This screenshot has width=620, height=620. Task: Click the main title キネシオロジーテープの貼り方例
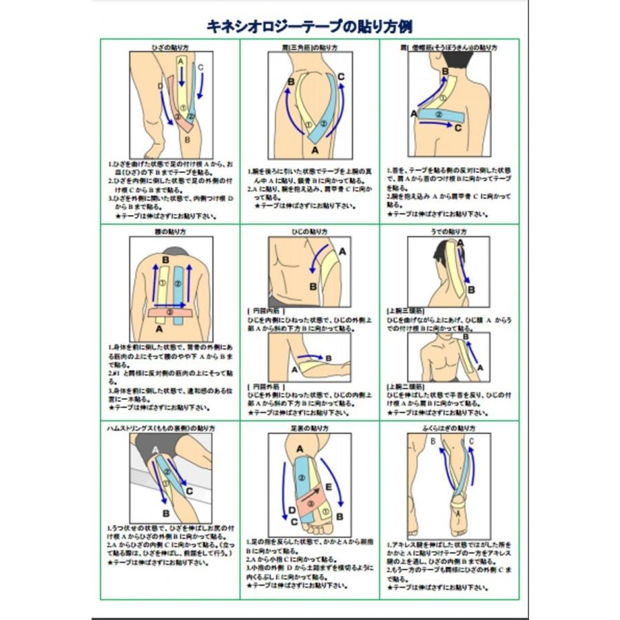(309, 27)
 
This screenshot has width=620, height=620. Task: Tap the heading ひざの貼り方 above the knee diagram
(169, 48)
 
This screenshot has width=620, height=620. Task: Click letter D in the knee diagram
(159, 86)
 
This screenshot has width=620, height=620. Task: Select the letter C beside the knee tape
(200, 68)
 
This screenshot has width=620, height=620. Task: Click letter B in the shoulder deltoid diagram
(291, 82)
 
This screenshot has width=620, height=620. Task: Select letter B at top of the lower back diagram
(165, 260)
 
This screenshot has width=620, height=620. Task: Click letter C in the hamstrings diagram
(189, 492)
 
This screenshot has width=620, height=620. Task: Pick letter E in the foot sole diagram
(329, 486)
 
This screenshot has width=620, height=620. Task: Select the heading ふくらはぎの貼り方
(448, 428)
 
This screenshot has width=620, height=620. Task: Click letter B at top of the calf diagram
(433, 441)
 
